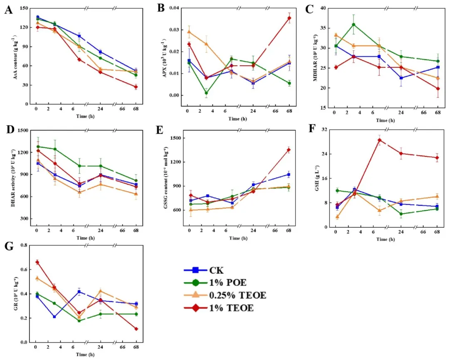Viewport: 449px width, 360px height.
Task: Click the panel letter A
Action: pos(8,10)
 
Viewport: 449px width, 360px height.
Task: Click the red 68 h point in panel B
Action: pos(289,18)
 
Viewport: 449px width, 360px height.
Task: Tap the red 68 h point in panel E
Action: pos(289,150)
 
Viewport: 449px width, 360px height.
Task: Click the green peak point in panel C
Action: pos(353,25)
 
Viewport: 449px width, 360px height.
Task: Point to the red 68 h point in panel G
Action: pos(136,329)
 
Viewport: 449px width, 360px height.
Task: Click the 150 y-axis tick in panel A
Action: pos(25,8)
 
